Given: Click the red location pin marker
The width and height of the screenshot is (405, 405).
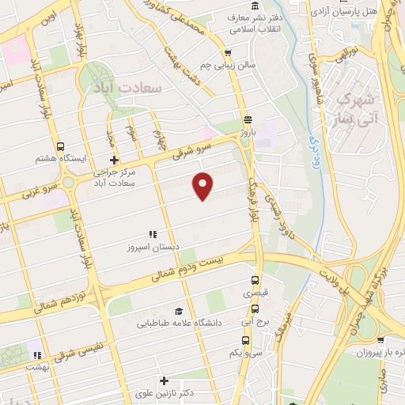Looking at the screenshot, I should pos(204,185).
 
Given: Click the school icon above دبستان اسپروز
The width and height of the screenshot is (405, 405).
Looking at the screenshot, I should pos(153,234).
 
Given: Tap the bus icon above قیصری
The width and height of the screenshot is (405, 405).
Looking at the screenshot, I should pos(255,280).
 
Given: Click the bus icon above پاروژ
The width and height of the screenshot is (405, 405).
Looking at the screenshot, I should pos(248,120).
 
